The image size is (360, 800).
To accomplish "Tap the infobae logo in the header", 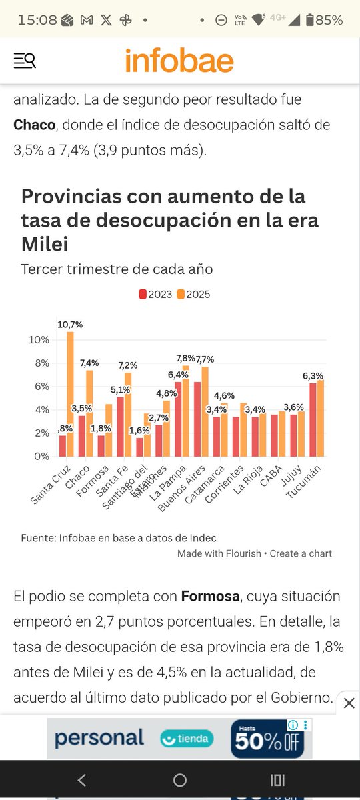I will (179, 61).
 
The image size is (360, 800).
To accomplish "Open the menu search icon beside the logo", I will (25, 61).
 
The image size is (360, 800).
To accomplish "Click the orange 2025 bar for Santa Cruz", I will (70, 393).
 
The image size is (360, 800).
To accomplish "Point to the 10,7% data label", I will (70, 325).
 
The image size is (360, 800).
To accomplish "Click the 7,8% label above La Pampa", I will (185, 358).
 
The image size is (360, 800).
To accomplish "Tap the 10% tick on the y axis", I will (39, 340).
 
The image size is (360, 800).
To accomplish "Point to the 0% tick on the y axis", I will (41, 457).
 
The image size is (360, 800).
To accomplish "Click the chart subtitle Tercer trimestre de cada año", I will (117, 269).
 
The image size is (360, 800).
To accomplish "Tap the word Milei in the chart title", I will (45, 245).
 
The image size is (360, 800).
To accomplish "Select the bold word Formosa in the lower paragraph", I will (210, 596).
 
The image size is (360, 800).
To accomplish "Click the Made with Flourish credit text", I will (219, 553).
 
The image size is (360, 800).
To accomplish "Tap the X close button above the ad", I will (349, 703).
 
